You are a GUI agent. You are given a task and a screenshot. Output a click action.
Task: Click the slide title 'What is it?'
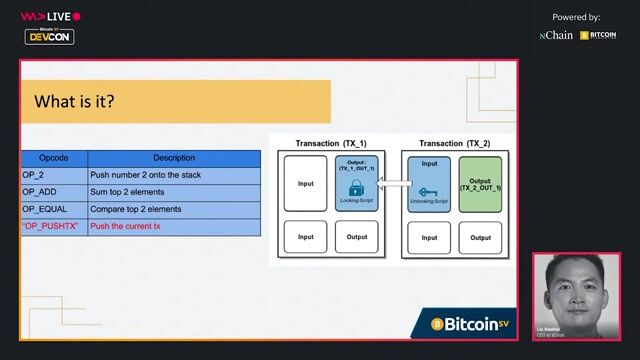(x=75, y=101)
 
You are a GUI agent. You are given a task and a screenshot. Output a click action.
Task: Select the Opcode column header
(x=54, y=158)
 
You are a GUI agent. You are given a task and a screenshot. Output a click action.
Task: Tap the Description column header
(x=174, y=158)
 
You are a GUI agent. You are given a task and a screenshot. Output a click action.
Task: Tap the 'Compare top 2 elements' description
(x=136, y=209)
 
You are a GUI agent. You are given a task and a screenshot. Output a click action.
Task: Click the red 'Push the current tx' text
(x=125, y=227)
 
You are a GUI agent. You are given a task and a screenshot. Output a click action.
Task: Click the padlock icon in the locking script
(x=357, y=188)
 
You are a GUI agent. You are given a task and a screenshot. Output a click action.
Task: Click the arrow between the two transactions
(x=397, y=183)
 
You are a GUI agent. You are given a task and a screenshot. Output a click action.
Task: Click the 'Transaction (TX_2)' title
(x=455, y=143)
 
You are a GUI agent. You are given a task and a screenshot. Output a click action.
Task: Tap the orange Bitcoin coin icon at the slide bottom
(x=437, y=324)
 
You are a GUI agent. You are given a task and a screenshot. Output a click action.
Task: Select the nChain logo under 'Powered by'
(x=556, y=35)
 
